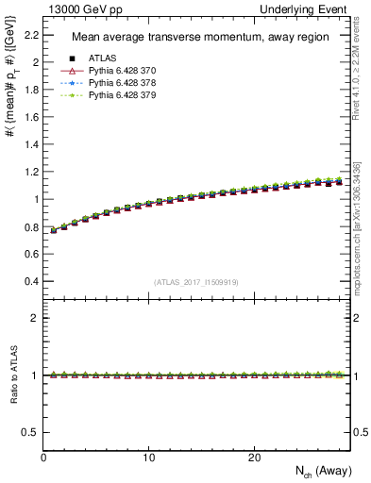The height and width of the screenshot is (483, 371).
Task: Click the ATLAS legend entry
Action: (101, 59)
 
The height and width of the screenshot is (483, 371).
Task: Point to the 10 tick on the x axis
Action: (149, 457)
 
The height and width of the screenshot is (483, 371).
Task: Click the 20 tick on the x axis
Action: (254, 457)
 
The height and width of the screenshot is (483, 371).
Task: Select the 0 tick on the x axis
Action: (44, 457)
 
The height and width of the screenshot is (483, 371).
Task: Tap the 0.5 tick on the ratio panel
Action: (31, 432)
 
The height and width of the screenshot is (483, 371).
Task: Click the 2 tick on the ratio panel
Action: (36, 318)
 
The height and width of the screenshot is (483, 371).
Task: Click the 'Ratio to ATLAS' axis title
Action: (12, 375)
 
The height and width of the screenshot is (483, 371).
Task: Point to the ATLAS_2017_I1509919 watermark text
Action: (195, 281)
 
